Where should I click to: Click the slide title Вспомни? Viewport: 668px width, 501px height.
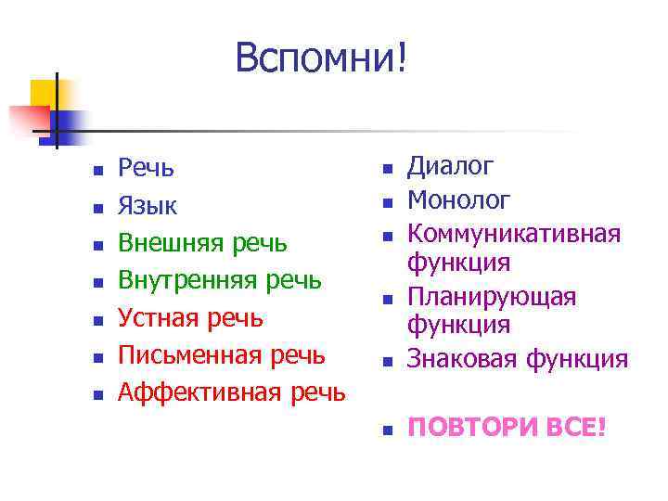pos(320,58)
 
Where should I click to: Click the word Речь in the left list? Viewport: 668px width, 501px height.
pos(146,168)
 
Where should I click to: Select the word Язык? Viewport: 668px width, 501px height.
pos(148,205)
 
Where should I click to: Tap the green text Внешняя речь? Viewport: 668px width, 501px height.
pos(202,242)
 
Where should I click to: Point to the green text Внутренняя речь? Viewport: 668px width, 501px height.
pos(220,279)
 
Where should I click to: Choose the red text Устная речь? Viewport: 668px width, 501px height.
pos(190,317)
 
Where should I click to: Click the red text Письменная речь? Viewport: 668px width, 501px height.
pos(221,354)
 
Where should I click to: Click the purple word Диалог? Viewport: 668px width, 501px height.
pos(451,167)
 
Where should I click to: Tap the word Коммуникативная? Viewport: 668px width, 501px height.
pos(515,232)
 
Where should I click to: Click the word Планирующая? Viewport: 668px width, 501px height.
pos(492,296)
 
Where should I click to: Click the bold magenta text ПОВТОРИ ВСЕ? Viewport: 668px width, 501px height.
pos(507,428)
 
